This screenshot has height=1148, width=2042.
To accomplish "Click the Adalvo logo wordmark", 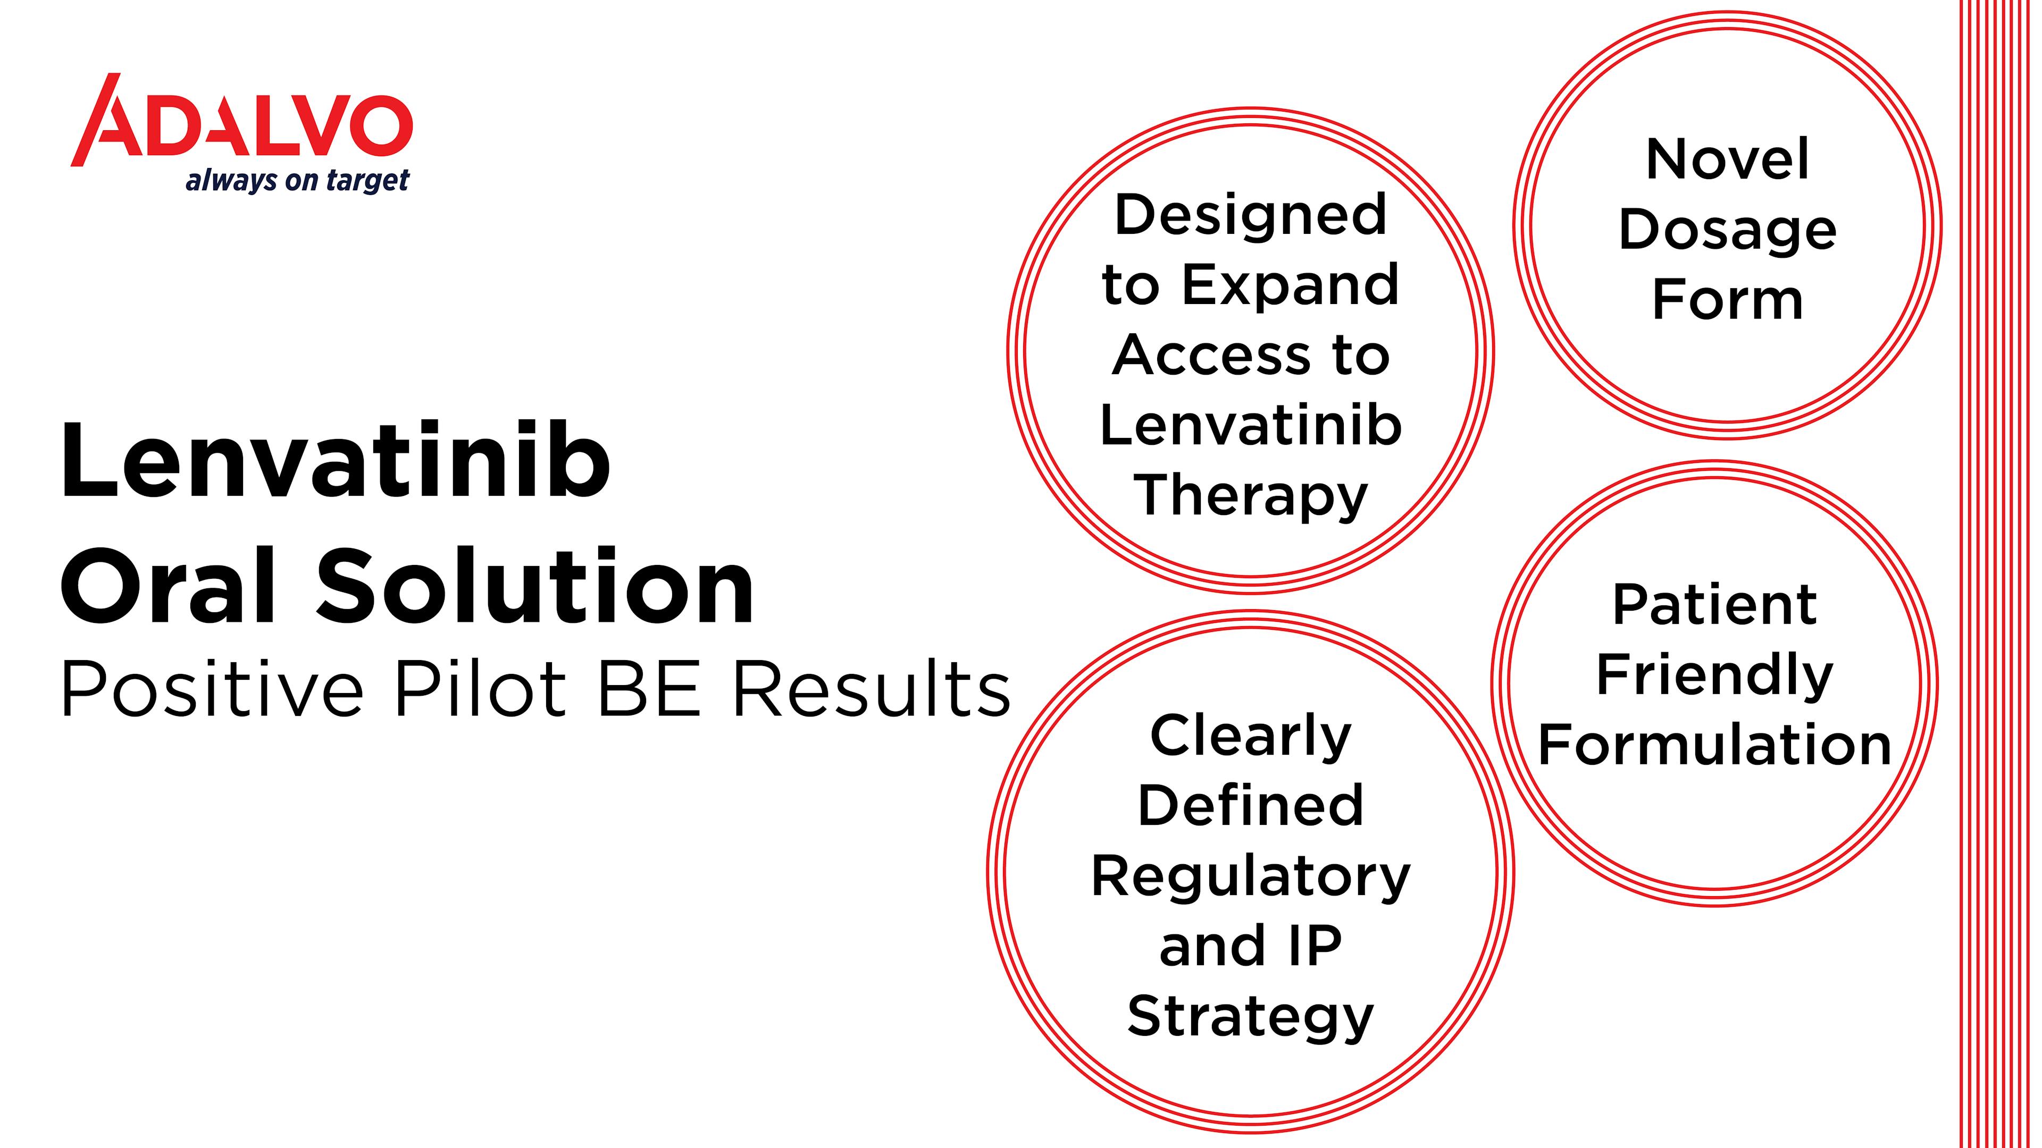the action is click(x=242, y=121).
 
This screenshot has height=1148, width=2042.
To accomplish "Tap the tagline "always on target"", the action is click(x=297, y=181).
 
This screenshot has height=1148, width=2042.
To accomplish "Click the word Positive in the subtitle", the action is click(x=212, y=688).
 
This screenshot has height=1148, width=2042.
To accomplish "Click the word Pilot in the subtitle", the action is click(x=480, y=688).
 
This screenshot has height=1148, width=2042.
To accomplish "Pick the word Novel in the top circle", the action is click(x=1727, y=159).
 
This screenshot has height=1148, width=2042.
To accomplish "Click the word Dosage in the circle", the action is click(x=1727, y=231).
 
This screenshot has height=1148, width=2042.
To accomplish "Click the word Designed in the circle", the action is click(x=1251, y=215).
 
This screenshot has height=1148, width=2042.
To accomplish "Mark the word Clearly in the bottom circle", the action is click(x=1251, y=737).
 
